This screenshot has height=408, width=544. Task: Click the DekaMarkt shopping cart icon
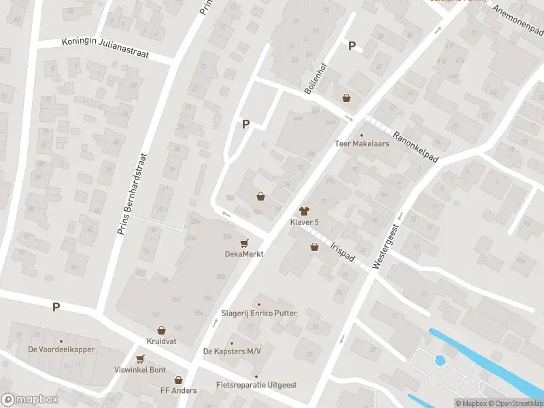[244, 243]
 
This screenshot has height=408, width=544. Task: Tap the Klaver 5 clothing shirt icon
[304, 211]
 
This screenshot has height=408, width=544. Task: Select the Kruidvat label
[162, 340]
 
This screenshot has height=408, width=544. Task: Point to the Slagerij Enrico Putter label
[258, 313]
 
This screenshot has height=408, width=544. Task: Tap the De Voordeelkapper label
[61, 350]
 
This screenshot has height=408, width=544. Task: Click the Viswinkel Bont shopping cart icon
[140, 359]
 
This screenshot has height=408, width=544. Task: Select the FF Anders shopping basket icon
[178, 380]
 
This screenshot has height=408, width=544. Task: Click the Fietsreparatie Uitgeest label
[256, 385]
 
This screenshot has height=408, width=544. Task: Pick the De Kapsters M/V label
[231, 352]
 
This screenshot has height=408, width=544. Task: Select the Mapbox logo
[30, 400]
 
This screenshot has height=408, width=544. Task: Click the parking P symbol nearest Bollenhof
[352, 46]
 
